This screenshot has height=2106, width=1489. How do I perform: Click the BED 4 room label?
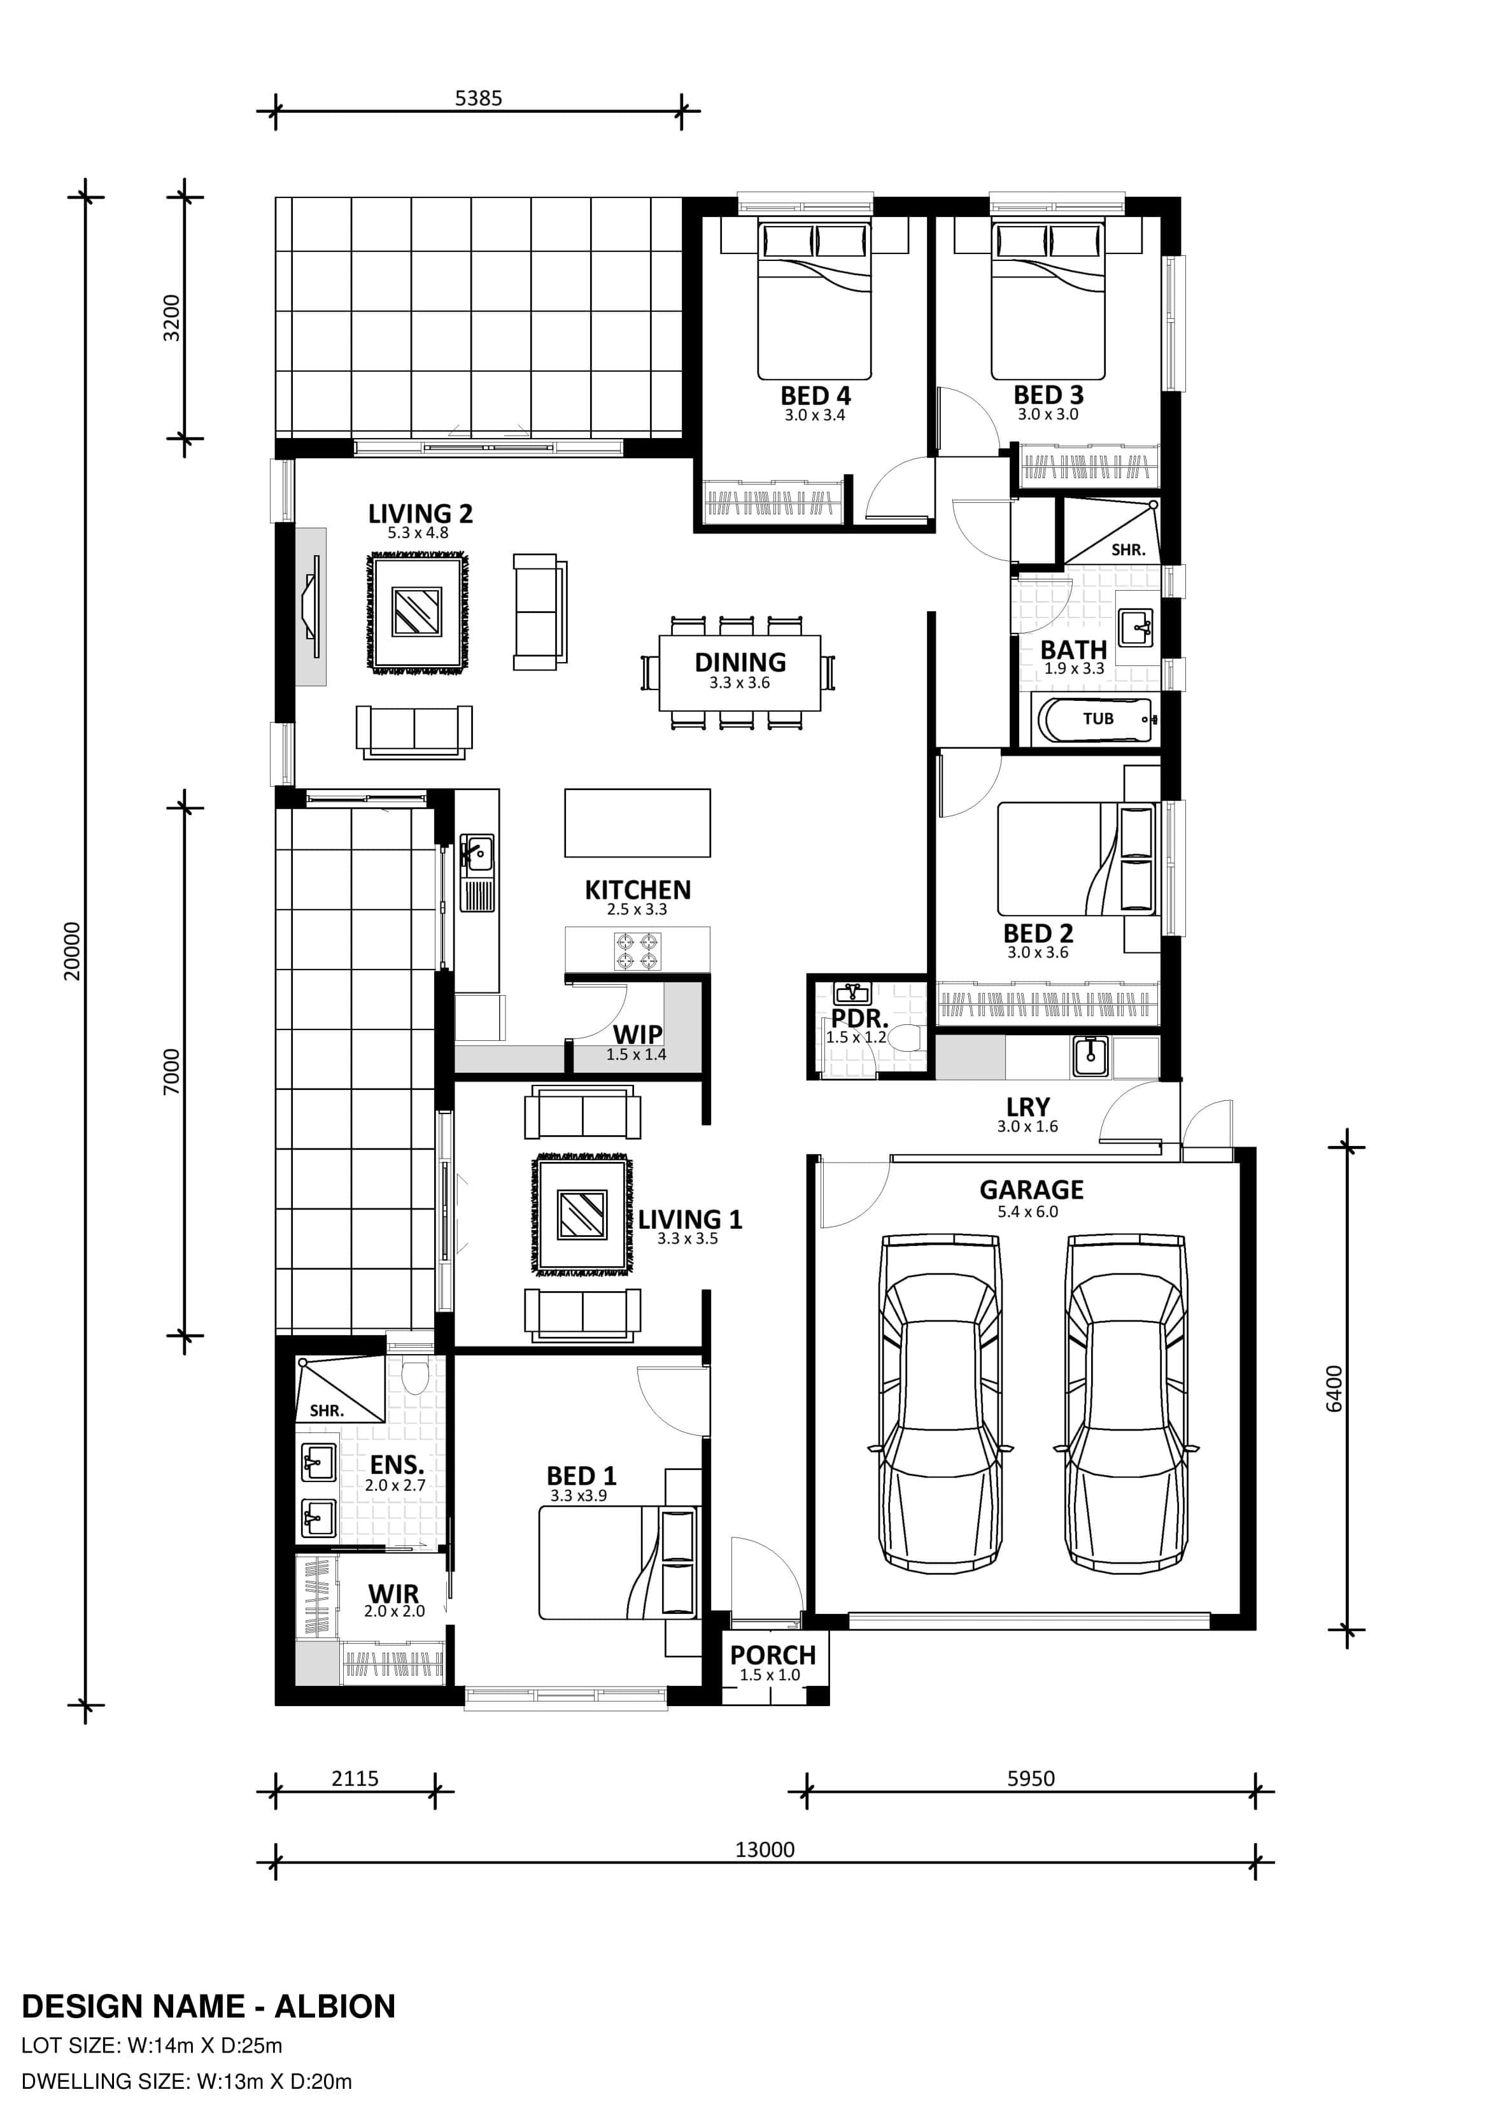tap(815, 395)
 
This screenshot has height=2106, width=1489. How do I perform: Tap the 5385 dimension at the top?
tap(479, 98)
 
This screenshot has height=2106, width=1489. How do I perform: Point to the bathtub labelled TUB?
tap(1094, 719)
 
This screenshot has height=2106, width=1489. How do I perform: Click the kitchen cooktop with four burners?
tap(638, 951)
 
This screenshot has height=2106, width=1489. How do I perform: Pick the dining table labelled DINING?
tap(740, 672)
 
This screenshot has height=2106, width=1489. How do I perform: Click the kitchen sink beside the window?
tap(476, 872)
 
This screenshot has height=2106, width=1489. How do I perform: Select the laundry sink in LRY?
tap(1089, 1056)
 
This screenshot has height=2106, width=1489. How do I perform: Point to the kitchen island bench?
tap(638, 823)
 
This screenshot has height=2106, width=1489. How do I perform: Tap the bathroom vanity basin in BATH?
tap(1136, 627)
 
